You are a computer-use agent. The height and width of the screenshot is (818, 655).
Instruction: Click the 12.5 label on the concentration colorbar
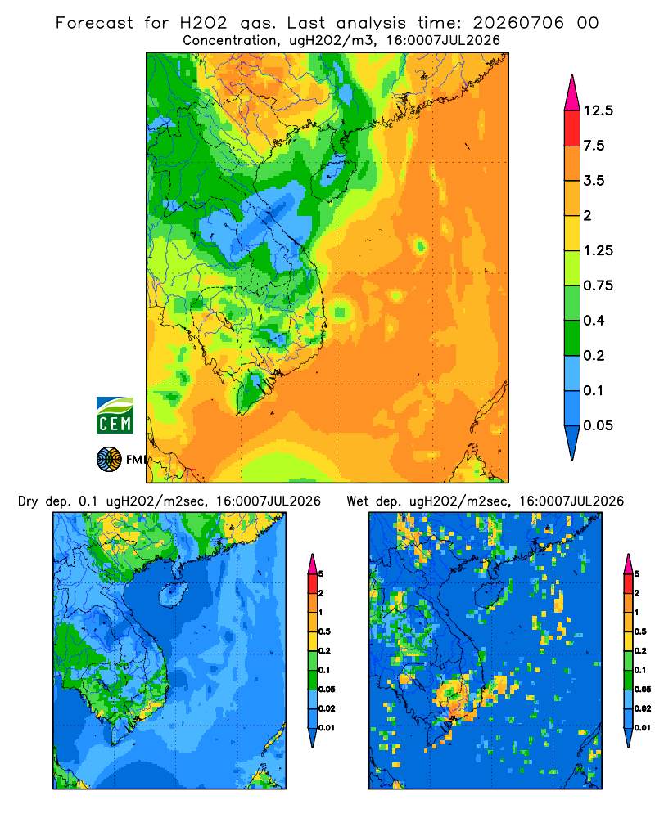(x=598, y=110)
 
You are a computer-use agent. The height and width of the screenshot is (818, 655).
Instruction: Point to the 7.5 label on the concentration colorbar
(x=594, y=146)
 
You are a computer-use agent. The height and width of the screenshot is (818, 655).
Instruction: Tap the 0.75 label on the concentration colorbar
(x=598, y=285)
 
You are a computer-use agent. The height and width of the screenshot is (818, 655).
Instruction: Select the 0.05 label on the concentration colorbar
(x=598, y=425)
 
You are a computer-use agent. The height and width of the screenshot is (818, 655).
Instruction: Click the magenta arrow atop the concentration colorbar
(x=572, y=94)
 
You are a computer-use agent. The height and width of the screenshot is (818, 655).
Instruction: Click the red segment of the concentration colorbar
(x=572, y=128)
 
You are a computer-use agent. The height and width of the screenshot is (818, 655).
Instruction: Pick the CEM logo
(x=115, y=416)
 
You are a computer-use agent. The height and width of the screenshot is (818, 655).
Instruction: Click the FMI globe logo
(x=109, y=459)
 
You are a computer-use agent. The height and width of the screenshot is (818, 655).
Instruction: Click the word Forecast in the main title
(x=94, y=23)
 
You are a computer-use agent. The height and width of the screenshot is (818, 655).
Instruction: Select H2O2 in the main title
(x=204, y=23)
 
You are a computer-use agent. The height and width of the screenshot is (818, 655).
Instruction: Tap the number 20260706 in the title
(x=518, y=23)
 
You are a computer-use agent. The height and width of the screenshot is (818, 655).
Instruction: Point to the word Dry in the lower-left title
(x=28, y=501)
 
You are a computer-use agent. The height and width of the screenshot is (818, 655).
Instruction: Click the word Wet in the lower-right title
(x=358, y=501)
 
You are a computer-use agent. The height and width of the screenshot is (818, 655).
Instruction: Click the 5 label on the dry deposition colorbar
(x=321, y=574)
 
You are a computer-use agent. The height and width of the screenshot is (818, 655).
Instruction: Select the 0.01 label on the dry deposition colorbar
(x=327, y=728)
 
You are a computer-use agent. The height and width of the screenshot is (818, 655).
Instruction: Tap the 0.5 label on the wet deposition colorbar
(x=640, y=631)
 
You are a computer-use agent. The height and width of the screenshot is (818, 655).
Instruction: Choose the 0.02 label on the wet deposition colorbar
(x=643, y=708)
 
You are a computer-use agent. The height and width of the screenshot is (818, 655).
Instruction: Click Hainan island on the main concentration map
(x=332, y=178)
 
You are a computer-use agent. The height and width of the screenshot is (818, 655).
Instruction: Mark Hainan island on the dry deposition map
(x=173, y=595)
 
